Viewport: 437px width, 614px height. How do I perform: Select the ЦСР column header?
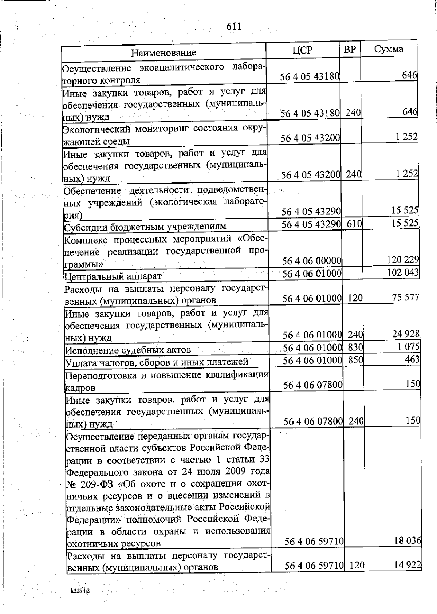(x=302, y=50)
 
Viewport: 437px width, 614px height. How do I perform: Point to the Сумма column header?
(x=388, y=49)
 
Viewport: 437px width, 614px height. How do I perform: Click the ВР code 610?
(x=354, y=223)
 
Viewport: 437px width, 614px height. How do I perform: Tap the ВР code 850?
(x=355, y=360)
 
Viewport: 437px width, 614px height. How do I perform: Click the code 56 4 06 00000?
(x=312, y=261)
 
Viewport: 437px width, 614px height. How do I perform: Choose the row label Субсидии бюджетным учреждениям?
(x=145, y=227)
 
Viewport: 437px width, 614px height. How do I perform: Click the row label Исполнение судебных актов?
(x=128, y=350)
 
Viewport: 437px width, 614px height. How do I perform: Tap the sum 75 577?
(x=405, y=297)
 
